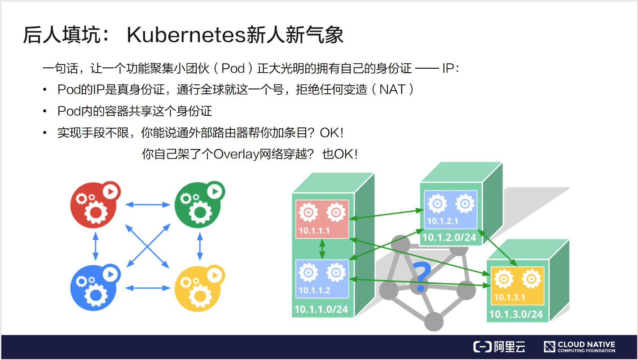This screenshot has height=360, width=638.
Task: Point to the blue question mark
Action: (421, 277)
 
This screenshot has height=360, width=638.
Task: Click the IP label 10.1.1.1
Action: (314, 231)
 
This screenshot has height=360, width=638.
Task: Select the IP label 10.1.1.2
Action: (314, 290)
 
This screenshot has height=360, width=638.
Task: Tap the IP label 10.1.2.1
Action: (442, 221)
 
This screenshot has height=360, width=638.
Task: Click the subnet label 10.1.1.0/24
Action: (321, 309)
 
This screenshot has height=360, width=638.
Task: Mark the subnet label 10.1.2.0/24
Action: (449, 237)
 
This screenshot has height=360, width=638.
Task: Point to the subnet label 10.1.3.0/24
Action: (516, 314)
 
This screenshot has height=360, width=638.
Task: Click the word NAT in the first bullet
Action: (392, 89)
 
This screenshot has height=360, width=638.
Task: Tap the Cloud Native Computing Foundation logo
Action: (579, 347)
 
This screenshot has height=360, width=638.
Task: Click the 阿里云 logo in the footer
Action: (499, 347)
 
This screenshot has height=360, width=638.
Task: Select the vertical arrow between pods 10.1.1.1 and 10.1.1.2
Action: (322, 249)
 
